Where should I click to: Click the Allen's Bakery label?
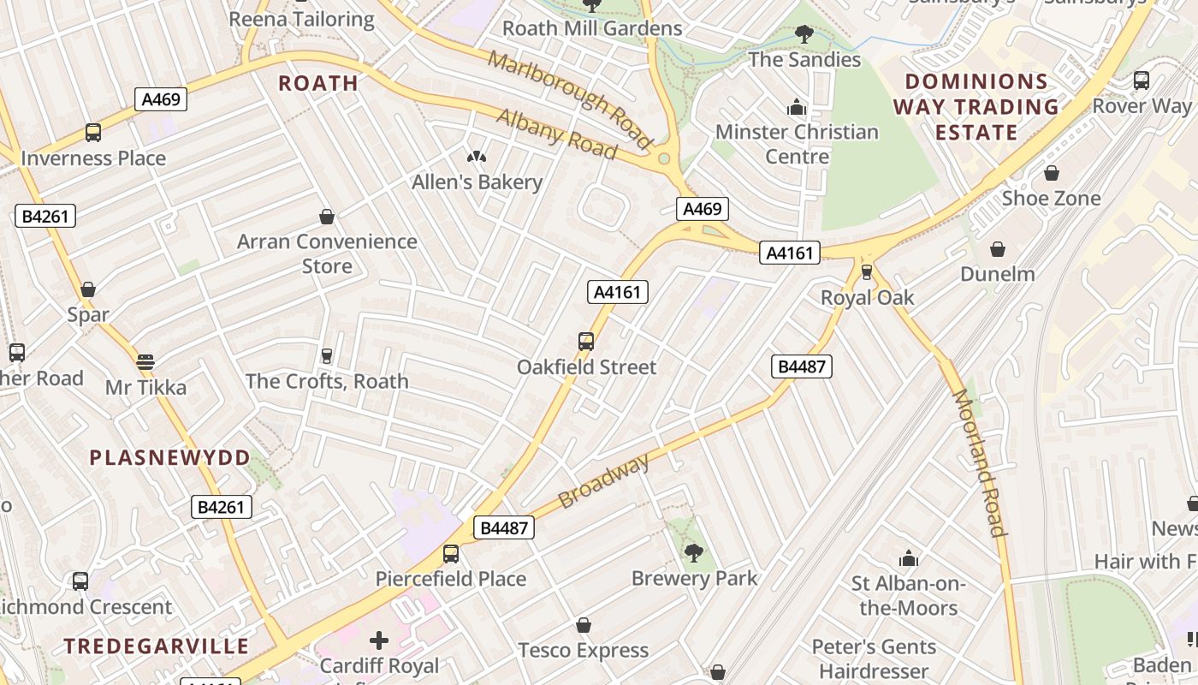477,182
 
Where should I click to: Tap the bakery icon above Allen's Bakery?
477,156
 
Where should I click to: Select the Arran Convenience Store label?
327,253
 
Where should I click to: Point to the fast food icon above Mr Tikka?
145,361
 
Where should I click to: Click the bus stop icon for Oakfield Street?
586,342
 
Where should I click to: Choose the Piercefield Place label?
451,579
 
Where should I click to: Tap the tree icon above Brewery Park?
694,552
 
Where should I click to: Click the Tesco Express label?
584,651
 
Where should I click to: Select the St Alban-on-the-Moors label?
908,596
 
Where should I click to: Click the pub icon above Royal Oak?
867,272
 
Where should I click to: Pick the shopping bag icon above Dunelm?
997,249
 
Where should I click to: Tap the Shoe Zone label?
1051,198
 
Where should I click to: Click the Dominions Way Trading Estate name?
976,107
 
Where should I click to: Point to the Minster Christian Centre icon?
797,108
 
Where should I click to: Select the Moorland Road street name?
978,462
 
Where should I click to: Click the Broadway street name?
604,481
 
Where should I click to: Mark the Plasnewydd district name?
169,457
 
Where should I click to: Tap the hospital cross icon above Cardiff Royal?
378,640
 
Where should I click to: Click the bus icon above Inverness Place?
93,133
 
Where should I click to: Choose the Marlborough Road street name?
571,98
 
